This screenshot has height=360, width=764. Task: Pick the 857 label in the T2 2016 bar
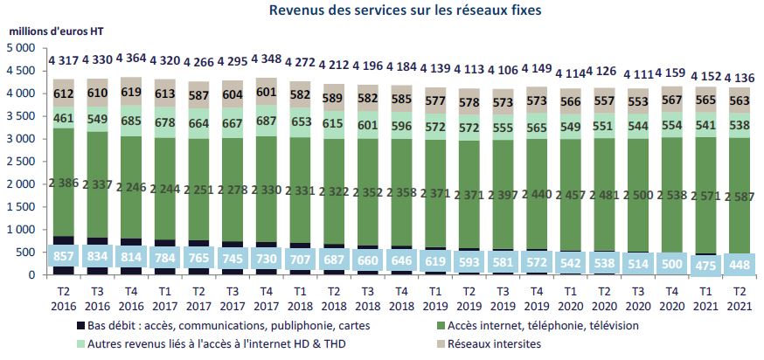click(x=63, y=260)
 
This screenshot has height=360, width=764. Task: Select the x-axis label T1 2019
click(x=435, y=296)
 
